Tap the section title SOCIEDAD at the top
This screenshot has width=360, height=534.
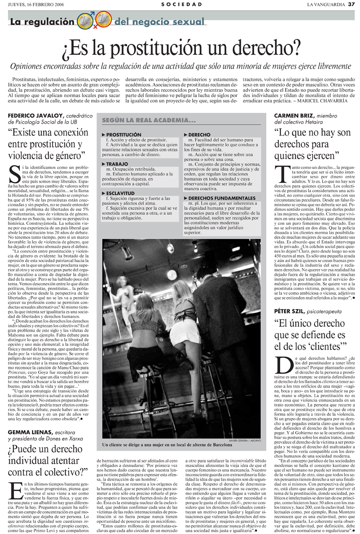point(182,4)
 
